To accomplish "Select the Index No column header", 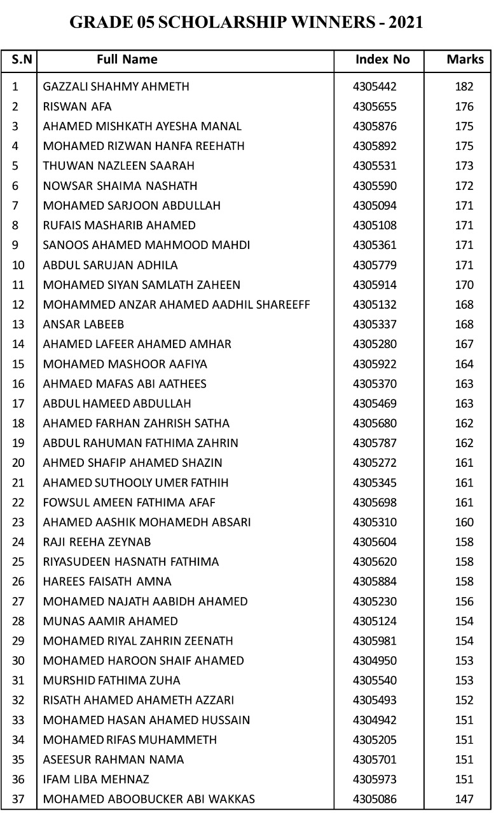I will point(383,60).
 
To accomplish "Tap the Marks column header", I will point(465,60).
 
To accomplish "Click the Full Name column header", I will point(127,60).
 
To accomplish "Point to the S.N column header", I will point(20,60).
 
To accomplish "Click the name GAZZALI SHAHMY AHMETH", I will point(116,86).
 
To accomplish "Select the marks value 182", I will point(464,86).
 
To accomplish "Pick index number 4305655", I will point(375,107).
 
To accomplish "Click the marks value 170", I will point(464,285).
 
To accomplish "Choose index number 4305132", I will point(375,304).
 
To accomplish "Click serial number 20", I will point(18,462).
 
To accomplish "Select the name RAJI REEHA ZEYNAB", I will point(97,542).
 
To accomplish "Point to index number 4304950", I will point(375,661).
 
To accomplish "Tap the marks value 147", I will point(464,799).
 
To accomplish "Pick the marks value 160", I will point(464,522).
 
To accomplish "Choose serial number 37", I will point(18,799).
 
